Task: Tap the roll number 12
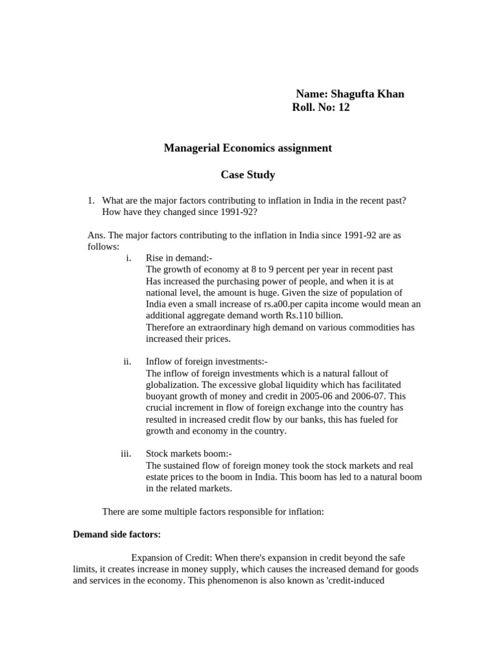(343, 108)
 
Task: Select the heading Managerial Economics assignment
(248, 148)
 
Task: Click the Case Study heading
(248, 174)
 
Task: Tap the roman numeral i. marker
(129, 258)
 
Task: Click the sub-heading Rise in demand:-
(175, 258)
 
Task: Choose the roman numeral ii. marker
(127, 361)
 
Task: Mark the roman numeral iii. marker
(126, 454)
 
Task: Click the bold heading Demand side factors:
(117, 534)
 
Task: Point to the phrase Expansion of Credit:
(171, 557)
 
